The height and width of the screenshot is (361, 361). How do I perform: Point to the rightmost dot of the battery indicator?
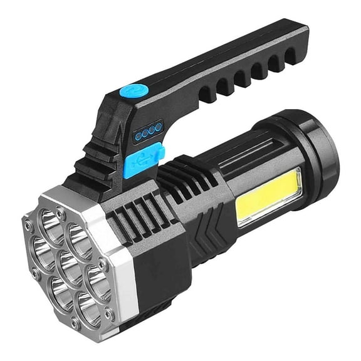(x=159, y=127)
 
